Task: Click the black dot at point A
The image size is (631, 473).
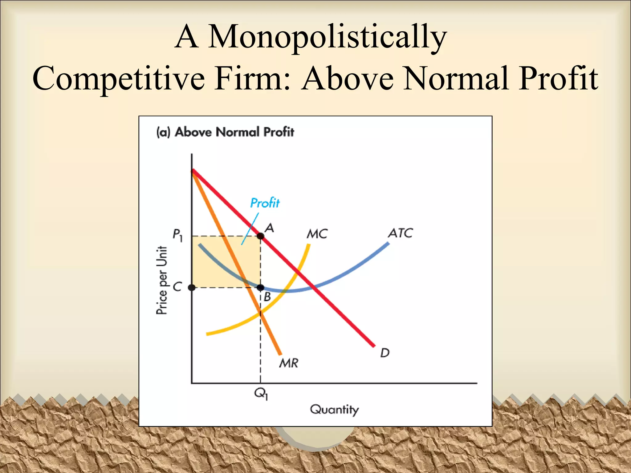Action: tap(260, 236)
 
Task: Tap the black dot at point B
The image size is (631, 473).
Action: tap(260, 288)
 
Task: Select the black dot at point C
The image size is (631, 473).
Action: tap(192, 288)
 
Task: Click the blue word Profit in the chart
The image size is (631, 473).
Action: tap(265, 203)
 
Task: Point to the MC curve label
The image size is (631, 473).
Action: tap(317, 234)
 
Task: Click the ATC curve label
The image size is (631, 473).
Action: tap(400, 233)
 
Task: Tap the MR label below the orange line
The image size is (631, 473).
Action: tap(289, 363)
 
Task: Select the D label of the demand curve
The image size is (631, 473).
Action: tap(385, 353)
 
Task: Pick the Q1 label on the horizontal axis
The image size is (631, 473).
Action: tap(261, 393)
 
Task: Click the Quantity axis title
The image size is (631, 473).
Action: tap(334, 410)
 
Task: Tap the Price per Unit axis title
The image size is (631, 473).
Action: tap(162, 280)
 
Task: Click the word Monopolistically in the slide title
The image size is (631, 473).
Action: tap(327, 38)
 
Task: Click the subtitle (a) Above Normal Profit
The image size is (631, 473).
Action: tap(225, 132)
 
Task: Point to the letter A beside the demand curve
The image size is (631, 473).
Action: tap(269, 228)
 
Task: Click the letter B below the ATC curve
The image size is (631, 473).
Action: tap(267, 297)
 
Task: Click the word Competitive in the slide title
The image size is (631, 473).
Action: tap(119, 79)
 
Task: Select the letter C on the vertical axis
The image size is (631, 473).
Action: tap(177, 287)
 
